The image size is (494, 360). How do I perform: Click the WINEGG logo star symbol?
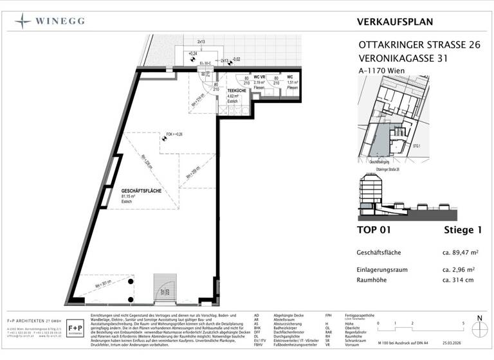pos(23,20)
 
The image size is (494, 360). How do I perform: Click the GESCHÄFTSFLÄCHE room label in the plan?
pos(140,192)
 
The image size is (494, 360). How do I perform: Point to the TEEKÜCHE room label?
pos(233,92)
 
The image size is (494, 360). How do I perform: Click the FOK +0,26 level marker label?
pos(174,134)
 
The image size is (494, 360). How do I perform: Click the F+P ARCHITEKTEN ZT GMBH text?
pos(30,319)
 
